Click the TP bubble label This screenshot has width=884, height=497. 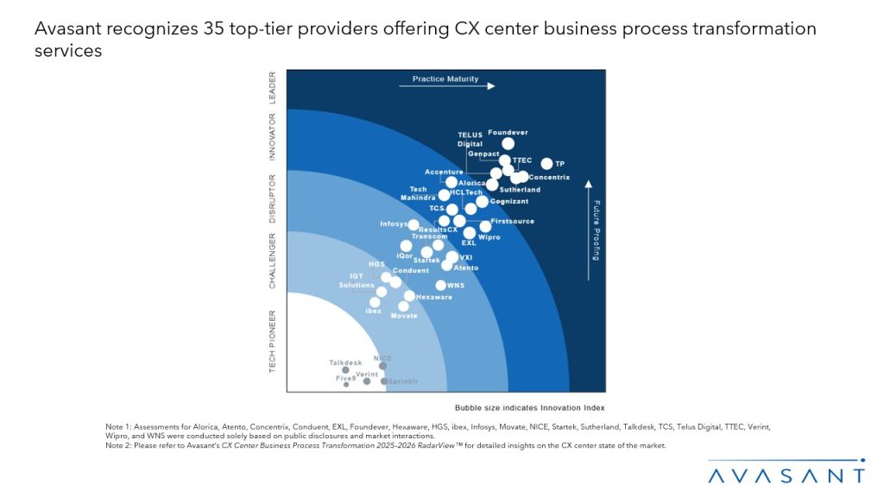pyautogui.click(x=559, y=164)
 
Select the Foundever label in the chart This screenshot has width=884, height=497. pyautogui.click(x=508, y=132)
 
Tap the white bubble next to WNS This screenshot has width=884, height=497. pyautogui.click(x=441, y=286)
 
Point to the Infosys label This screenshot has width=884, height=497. pyautogui.click(x=394, y=224)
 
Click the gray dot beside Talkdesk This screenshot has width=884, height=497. pyautogui.click(x=345, y=370)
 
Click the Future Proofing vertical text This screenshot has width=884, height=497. pyautogui.click(x=596, y=230)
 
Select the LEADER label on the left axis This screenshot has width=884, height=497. pyautogui.click(x=273, y=87)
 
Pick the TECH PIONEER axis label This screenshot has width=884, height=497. pyautogui.click(x=273, y=341)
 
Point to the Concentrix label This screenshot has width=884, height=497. pyautogui.click(x=549, y=178)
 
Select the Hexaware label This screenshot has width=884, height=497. pyautogui.click(x=433, y=297)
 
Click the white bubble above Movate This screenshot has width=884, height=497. pyautogui.click(x=403, y=305)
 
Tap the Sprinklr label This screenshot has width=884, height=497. pyautogui.click(x=403, y=381)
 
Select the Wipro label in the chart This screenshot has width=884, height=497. pyautogui.click(x=489, y=237)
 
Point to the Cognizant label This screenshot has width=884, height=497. pyautogui.click(x=508, y=201)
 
